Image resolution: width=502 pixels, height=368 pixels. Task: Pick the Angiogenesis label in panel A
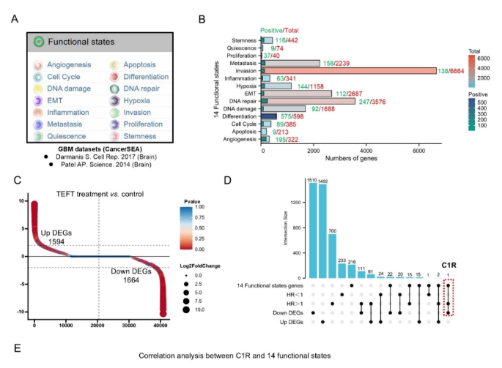[x=70, y=64]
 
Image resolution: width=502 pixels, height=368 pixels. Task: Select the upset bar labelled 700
[x=332, y=255]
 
